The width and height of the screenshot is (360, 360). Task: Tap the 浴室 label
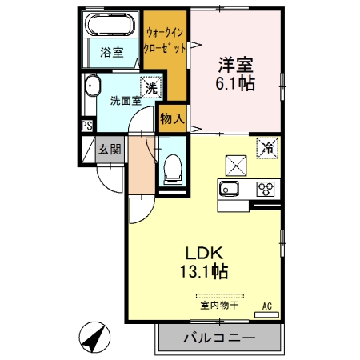click(111, 53)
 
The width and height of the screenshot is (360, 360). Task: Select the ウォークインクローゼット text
click(166, 40)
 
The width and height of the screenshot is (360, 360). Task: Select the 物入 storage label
click(172, 119)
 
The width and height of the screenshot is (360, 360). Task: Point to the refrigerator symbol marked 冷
click(268, 148)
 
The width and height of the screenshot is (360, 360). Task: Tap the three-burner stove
click(265, 189)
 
